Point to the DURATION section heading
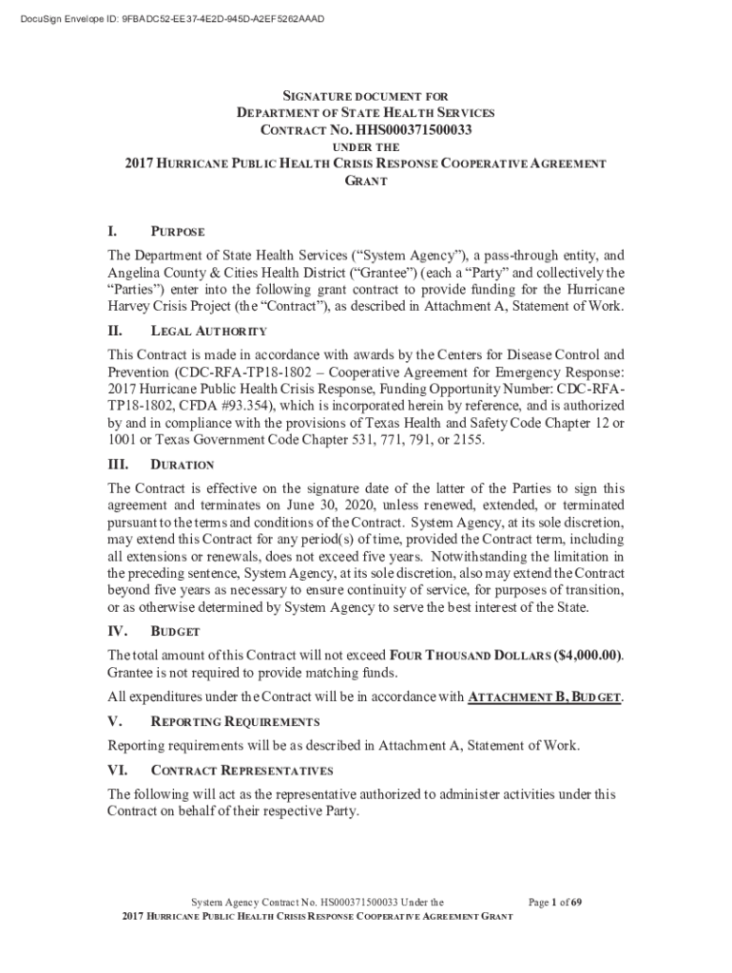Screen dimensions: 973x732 [x=182, y=466]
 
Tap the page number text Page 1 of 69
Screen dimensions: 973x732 [x=555, y=902]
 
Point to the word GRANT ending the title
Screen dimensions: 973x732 [x=366, y=180]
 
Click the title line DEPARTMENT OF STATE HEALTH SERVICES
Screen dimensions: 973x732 [x=366, y=113]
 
